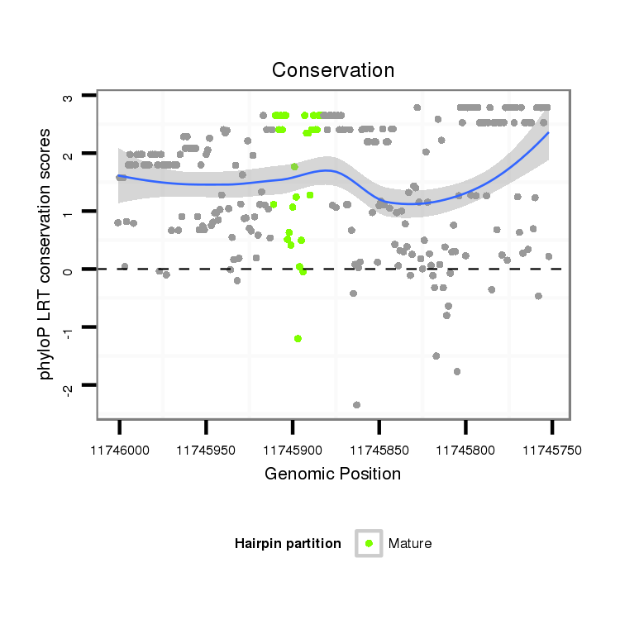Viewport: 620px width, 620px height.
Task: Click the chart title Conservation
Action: coord(333,70)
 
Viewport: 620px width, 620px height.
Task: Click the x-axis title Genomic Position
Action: coord(332,474)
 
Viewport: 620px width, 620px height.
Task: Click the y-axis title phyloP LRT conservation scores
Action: coord(46,254)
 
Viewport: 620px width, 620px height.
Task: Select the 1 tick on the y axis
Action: coord(69,212)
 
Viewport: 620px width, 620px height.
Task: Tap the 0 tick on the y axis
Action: coord(69,269)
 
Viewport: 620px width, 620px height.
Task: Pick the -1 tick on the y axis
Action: coord(69,328)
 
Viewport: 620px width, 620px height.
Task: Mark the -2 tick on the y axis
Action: coord(69,386)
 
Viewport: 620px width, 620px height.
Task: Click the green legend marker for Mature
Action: coord(369,543)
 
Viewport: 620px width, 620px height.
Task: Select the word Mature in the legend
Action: coord(410,543)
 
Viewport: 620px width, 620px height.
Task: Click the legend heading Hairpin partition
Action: coord(288,543)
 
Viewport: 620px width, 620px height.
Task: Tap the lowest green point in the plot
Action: coord(298,338)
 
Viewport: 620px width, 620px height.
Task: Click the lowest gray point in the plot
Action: coord(356,405)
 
